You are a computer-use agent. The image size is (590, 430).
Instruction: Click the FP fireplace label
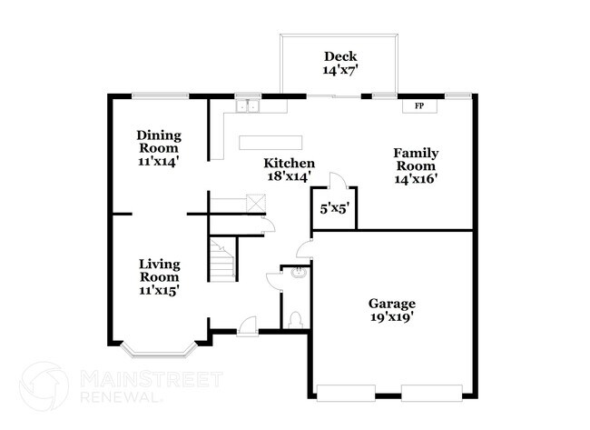coord(419,105)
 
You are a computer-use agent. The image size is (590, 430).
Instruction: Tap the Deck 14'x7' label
coord(340,64)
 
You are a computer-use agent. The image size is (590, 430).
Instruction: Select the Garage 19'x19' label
coord(392,310)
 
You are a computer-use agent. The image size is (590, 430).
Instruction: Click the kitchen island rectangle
coord(270,143)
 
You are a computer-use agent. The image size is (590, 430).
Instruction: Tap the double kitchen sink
coord(248,106)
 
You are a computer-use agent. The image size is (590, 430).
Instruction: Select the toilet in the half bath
coord(295,320)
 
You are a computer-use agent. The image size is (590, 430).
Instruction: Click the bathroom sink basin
coord(300,272)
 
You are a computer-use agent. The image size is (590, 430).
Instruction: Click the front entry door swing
coord(248,325)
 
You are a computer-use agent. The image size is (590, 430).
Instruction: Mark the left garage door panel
coord(346,393)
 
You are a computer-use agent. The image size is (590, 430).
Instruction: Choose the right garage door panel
coord(432,393)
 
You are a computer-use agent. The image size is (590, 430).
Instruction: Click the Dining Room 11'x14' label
coord(159,148)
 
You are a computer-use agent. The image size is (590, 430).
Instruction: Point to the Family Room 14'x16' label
coord(416,165)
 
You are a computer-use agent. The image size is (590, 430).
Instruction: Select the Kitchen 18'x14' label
coord(289,169)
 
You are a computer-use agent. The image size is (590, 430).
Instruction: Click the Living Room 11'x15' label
coord(159,277)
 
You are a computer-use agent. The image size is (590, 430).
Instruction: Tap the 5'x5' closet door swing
coord(338,181)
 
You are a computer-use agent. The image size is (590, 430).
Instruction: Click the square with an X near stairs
coord(256,204)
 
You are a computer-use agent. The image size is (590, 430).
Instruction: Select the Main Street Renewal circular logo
coord(44,386)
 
